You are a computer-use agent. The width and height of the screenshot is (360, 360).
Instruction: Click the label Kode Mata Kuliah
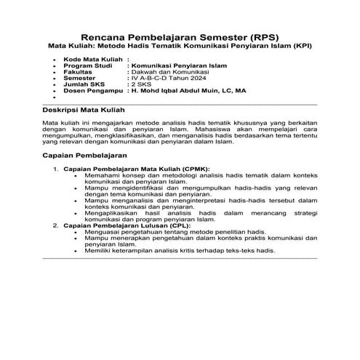click(92, 59)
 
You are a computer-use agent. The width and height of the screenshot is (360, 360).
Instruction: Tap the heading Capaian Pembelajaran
click(85, 156)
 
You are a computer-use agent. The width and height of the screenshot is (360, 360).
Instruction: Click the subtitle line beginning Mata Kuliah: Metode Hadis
click(179, 47)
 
